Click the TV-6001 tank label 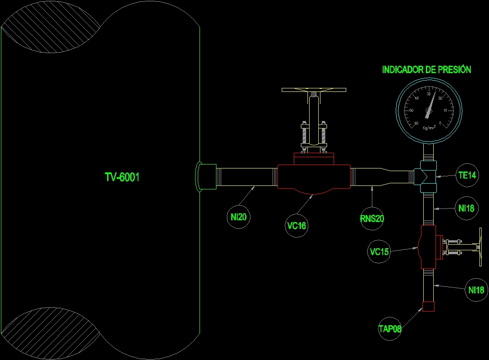coord(122,177)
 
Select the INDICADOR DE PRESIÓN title coord(426,70)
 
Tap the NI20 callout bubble coord(239,216)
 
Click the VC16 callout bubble coord(297,225)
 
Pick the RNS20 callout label coord(372,219)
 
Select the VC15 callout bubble coord(379,252)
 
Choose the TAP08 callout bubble coord(390,329)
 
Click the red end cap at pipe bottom coord(428,306)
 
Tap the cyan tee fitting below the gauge coord(427,176)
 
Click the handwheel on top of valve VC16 coord(314,90)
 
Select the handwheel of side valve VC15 coord(480,247)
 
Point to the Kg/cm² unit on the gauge coord(429,128)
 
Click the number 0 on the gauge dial coord(440,124)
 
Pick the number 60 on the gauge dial coord(417,123)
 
